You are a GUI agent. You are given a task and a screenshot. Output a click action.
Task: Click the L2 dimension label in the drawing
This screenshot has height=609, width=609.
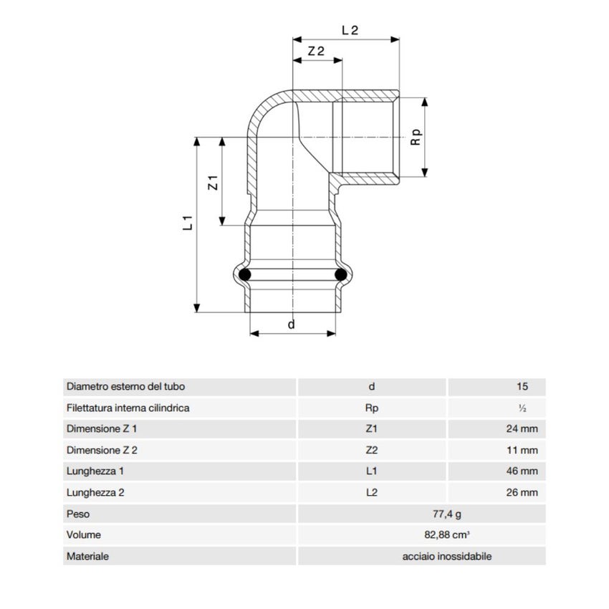350,30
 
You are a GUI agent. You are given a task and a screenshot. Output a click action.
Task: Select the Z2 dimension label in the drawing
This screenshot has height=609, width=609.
316,52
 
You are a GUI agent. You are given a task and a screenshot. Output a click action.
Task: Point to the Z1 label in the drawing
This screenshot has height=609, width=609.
213,183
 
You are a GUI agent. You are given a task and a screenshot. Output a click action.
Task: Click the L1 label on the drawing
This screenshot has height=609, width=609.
188,222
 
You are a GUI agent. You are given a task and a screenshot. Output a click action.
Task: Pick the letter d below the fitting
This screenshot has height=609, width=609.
291,325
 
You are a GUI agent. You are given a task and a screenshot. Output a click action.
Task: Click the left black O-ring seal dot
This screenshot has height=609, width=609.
245,274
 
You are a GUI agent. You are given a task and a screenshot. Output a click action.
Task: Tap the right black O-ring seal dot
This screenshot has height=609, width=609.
340,274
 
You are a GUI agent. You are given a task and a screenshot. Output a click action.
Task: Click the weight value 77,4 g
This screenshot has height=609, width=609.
446,514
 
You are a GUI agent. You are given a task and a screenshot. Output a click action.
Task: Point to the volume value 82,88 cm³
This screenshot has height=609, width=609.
446,534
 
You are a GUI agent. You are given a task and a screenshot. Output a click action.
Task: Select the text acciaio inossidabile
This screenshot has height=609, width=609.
447,556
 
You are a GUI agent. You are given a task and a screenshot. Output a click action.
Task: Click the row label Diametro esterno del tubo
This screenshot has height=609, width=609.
125,387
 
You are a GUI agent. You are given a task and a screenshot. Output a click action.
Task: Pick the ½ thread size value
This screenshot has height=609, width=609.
522,408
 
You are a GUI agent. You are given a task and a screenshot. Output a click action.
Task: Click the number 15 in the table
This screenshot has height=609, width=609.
522,387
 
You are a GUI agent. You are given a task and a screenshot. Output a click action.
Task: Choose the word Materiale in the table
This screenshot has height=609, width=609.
87,556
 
